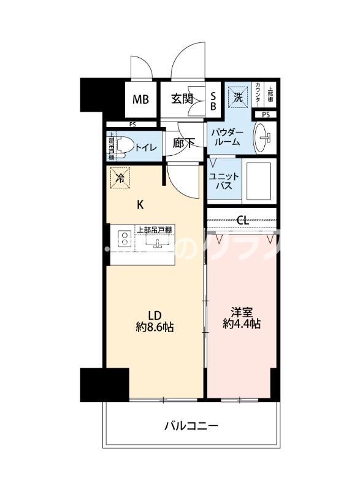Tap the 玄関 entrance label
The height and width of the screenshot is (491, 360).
tap(183, 98)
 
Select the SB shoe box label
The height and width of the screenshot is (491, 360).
tap(213, 99)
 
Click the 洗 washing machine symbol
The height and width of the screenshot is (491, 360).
tap(237, 96)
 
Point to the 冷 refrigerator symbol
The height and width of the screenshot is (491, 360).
tap(120, 178)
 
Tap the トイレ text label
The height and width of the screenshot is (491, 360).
tap(145, 147)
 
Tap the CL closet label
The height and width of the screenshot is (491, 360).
tap(242, 220)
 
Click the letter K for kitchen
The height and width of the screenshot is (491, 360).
tap(140, 205)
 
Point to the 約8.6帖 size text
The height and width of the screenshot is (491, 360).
tap(154, 327)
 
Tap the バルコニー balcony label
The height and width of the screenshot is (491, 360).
tap(191, 425)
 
